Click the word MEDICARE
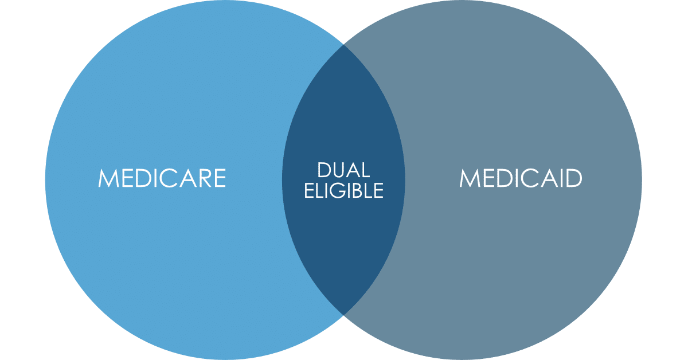162,178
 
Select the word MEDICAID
521,178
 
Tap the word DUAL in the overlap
343,170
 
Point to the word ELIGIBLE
343,190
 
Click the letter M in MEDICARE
108,178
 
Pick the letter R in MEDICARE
202,178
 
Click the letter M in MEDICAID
469,178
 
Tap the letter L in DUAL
365,170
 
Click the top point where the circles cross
343,44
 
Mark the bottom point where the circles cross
343,314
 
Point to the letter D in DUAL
323,170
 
